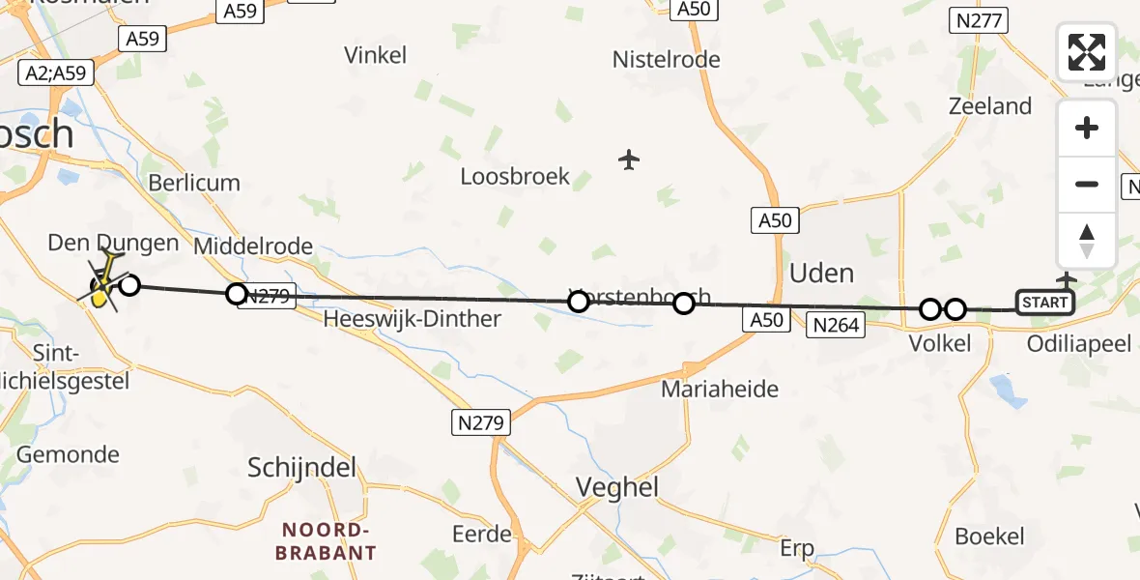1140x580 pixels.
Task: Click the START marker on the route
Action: click(x=1045, y=303)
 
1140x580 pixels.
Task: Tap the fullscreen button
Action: click(x=1087, y=52)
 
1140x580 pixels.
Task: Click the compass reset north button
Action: click(x=1087, y=241)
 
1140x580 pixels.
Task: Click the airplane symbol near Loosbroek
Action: click(x=629, y=159)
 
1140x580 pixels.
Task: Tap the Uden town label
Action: click(x=821, y=273)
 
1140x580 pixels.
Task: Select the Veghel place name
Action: click(x=618, y=487)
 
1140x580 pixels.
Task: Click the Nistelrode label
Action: click(x=667, y=60)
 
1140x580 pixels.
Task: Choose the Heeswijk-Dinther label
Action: click(x=413, y=318)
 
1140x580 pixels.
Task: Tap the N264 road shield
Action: click(x=837, y=325)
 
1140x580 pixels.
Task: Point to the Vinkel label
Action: click(x=376, y=55)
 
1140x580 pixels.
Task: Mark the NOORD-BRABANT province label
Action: click(x=326, y=541)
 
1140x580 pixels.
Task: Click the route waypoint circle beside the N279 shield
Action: click(x=237, y=294)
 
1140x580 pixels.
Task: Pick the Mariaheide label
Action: click(x=720, y=390)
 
